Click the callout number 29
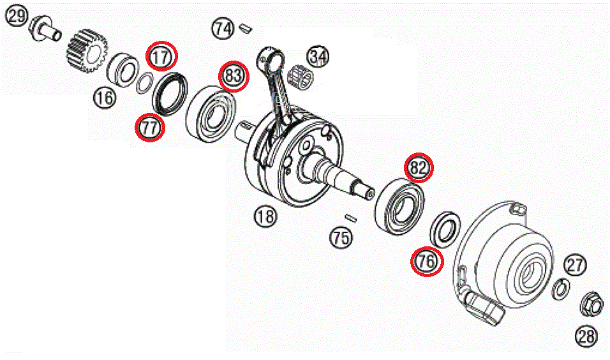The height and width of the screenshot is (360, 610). (x=17, y=16)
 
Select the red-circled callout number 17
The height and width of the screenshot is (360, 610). (x=162, y=57)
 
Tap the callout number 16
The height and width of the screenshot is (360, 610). (x=105, y=98)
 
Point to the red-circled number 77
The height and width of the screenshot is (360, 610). (x=150, y=128)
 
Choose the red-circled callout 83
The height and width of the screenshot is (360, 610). (x=234, y=77)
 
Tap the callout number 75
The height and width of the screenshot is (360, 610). (x=341, y=238)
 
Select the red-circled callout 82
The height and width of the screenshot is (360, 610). (x=419, y=168)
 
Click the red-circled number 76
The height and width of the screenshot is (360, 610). (x=426, y=261)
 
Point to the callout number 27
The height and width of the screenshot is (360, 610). (x=575, y=264)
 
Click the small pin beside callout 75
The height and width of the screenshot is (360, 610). (x=349, y=218)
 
